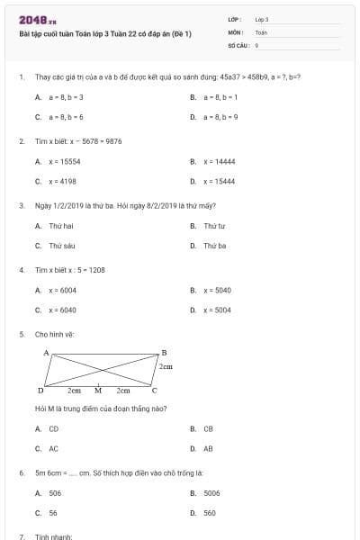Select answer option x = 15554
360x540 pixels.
tap(64, 162)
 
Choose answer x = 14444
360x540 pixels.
tap(219, 162)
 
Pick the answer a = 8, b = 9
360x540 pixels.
tap(220, 117)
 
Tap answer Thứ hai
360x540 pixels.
tap(60, 226)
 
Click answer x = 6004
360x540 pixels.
tap(62, 291)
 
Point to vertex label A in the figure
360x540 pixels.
tap(46, 353)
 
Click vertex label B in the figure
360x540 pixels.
tap(163, 353)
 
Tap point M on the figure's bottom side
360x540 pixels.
tap(98, 391)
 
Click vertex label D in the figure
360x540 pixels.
tap(40, 391)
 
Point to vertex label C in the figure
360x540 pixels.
tap(154, 391)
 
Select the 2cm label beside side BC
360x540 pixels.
tap(166, 367)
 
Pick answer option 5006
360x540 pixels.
tap(211, 493)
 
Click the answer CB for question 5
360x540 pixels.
tap(208, 429)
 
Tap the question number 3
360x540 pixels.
tap(21, 205)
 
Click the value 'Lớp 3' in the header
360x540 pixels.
tap(262, 18)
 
